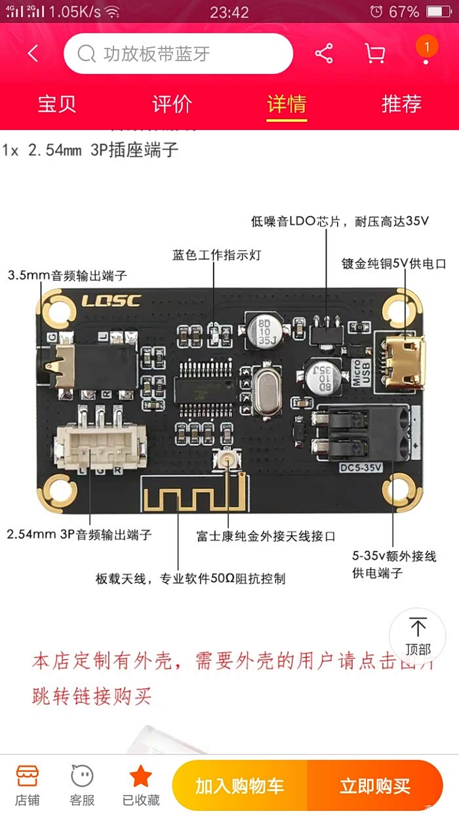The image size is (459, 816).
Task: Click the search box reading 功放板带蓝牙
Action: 178,54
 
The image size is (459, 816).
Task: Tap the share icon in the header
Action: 324,54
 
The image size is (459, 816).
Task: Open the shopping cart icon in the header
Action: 374,54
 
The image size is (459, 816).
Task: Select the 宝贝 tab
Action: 57,104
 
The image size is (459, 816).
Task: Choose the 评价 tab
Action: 172,104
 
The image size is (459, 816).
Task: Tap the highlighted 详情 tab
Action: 287,104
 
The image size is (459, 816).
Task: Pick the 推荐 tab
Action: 401,104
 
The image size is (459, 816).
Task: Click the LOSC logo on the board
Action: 111,301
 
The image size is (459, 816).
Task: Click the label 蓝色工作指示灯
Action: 216,255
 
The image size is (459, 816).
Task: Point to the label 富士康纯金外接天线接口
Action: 266,536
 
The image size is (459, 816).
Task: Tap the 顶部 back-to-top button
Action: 418,637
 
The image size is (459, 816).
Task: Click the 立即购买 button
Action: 374,786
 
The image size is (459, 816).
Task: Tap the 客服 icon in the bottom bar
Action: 83,786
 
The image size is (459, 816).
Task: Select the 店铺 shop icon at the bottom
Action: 28,786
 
